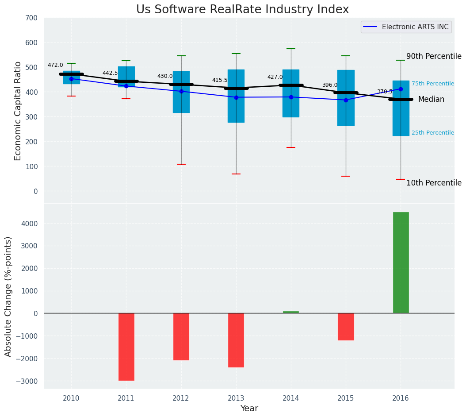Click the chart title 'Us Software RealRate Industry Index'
(242, 10)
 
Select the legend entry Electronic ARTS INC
(415, 27)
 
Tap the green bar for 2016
(401, 263)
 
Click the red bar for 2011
(126, 347)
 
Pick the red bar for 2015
(346, 327)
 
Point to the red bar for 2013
(236, 340)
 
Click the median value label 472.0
(55, 66)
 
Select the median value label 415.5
(220, 81)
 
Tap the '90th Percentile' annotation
(434, 57)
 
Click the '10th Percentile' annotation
(434, 183)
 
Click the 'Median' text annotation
(431, 100)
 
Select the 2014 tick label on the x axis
(291, 398)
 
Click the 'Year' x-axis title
(249, 409)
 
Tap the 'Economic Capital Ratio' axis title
(18, 111)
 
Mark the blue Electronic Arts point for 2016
(401, 89)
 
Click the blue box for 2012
(181, 92)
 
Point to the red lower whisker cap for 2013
(236, 174)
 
